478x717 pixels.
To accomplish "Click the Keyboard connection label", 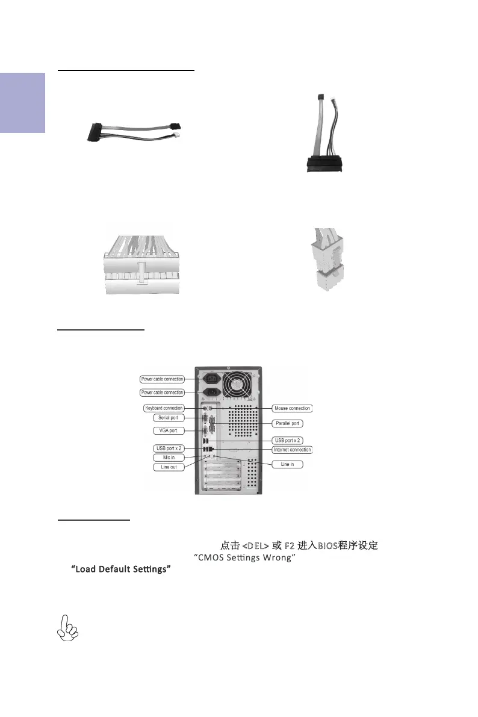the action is [164, 408].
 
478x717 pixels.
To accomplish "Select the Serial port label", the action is [168, 417].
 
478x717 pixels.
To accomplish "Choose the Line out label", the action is [168, 467].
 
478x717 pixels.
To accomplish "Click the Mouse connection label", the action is [292, 408].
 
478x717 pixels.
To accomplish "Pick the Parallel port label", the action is [287, 423].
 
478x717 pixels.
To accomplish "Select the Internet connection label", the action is [292, 450].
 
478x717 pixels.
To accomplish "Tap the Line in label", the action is [287, 464].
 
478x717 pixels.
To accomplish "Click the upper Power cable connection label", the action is [162, 379].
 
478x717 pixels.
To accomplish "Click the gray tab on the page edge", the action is [22, 103].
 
